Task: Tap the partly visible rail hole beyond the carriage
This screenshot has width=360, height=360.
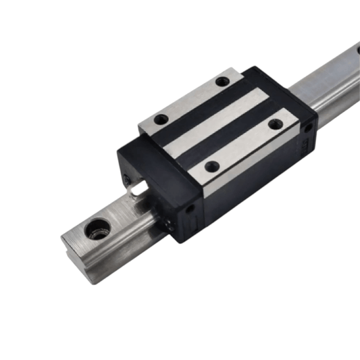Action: (355, 48)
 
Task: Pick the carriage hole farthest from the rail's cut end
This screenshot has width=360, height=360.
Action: (222, 82)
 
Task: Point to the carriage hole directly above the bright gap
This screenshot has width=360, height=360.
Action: (161, 120)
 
